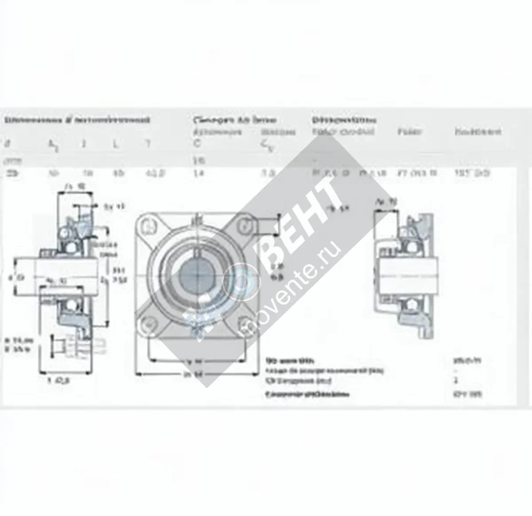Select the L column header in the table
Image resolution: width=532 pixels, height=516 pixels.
(116, 144)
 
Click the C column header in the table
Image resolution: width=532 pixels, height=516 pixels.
(197, 144)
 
